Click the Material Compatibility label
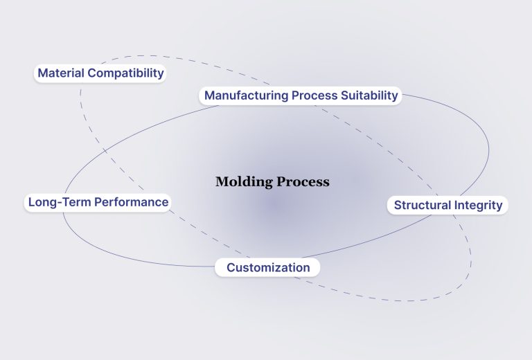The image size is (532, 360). (100, 73)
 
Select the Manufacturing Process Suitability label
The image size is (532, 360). (301, 95)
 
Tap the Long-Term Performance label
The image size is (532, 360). (98, 202)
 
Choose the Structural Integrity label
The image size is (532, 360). (448, 205)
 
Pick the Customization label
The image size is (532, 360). (268, 267)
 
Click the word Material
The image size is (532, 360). (60, 73)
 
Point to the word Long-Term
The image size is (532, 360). (54, 202)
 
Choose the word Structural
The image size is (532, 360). (423, 205)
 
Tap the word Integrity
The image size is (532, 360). (478, 205)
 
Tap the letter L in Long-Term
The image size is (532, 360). (30, 202)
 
